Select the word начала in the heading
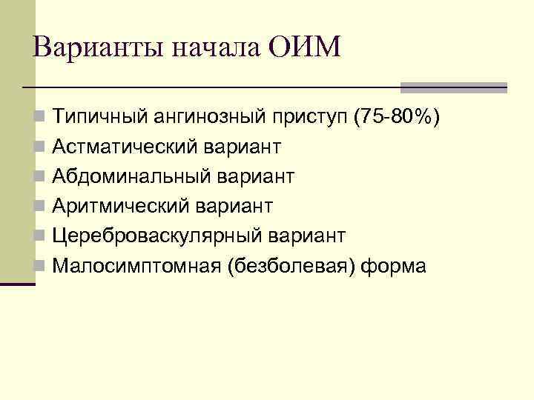click(216, 50)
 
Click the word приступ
click(311, 117)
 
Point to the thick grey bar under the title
click(453, 87)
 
